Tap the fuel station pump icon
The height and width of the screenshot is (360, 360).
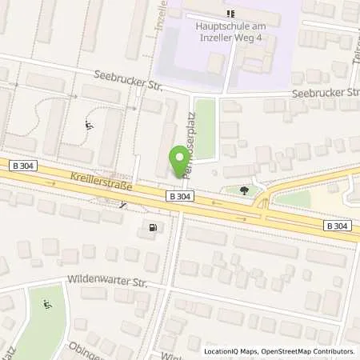151,227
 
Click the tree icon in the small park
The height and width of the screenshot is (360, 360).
242,190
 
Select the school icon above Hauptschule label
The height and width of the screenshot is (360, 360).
231,13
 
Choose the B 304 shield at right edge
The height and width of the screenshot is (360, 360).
337,226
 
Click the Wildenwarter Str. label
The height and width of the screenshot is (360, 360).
99,282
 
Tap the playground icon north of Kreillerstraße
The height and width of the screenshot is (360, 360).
88,125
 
